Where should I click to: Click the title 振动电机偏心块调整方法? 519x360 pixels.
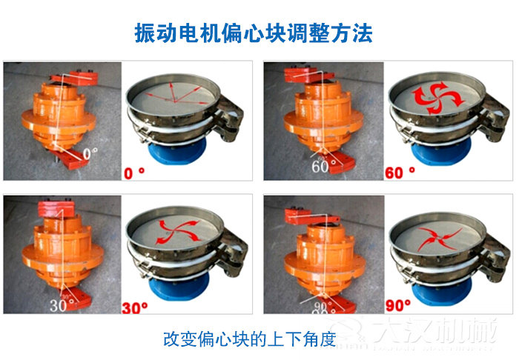click(254, 33)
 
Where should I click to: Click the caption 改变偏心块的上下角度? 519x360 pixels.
click(249, 339)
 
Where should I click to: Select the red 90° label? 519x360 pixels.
click(400, 305)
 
